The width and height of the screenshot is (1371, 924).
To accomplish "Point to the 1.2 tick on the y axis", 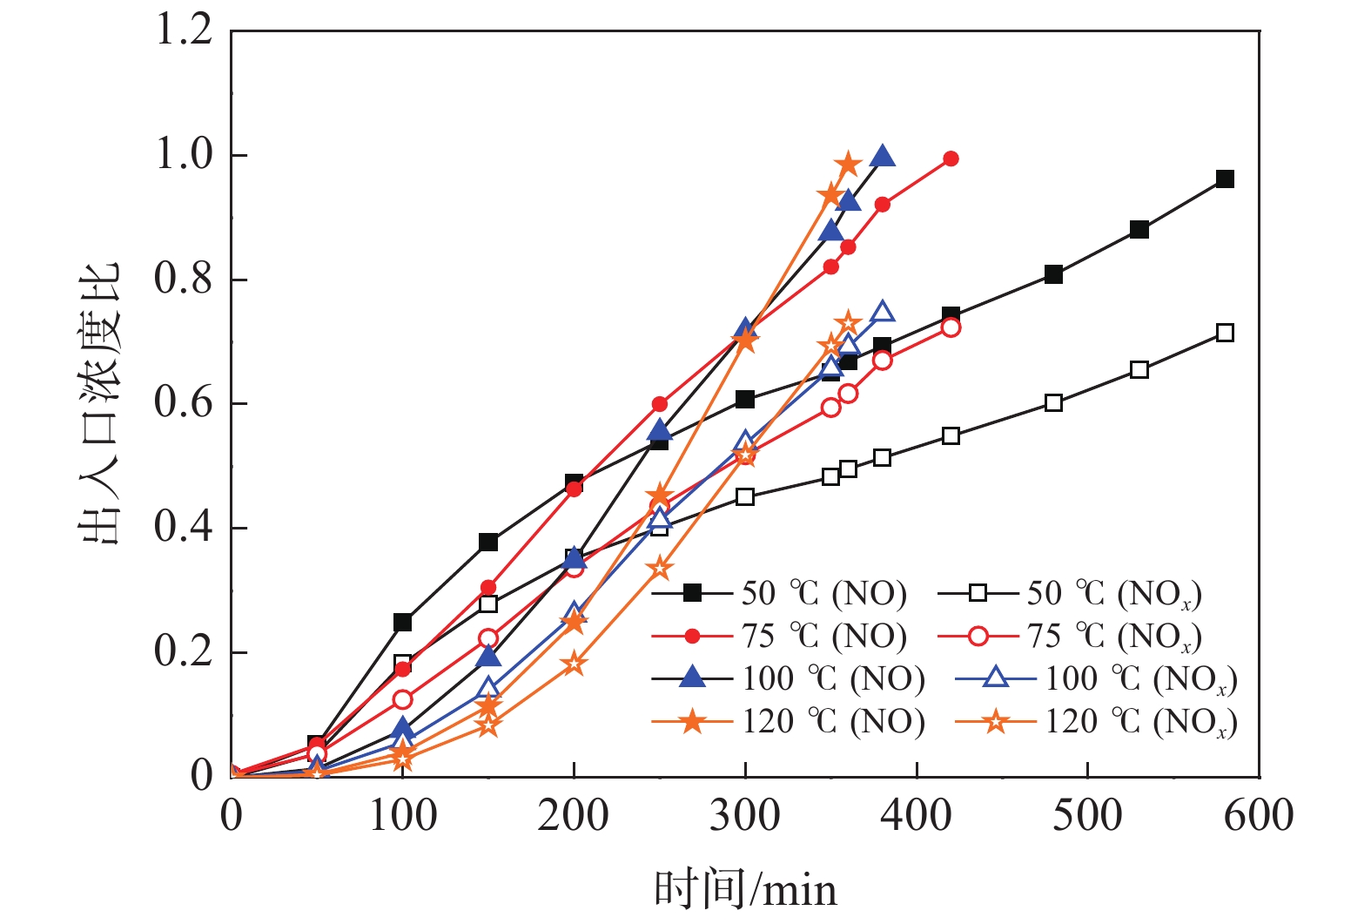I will (x=184, y=30).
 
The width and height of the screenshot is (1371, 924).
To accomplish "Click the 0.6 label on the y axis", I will (x=184, y=403).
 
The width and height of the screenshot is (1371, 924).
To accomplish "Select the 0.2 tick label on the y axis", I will (x=184, y=651).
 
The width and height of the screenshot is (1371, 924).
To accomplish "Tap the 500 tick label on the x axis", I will (x=1087, y=816).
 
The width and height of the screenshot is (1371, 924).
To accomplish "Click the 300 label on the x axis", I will (x=745, y=816).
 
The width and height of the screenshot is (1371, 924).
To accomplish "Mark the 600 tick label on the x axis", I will (x=1259, y=816).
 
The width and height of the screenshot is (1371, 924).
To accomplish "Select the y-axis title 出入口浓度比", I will (x=98, y=403).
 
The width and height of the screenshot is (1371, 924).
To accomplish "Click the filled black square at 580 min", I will (x=1225, y=179).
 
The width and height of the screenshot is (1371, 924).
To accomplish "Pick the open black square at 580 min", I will (x=1225, y=333).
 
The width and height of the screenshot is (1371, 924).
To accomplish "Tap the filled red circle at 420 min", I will (x=951, y=158).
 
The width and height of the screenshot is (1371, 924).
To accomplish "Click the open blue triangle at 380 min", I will (x=883, y=313).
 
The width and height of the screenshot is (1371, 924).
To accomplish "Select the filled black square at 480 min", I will (x=1053, y=274).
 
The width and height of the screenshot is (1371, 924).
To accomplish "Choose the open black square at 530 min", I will (x=1139, y=370).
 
